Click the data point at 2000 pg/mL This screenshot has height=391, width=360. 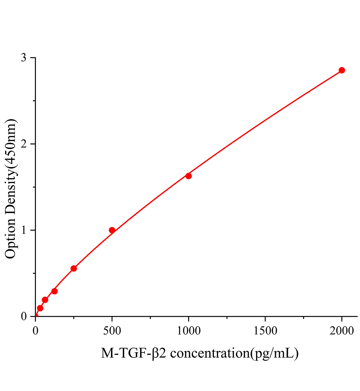[342, 70]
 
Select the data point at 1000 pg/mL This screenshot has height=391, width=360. [188, 176]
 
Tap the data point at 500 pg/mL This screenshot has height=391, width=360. [112, 230]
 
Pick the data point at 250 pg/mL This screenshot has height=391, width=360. [74, 268]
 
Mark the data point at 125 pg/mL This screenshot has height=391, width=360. [54, 291]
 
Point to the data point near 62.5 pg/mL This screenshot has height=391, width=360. [45, 300]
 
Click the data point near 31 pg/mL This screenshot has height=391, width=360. [40, 308]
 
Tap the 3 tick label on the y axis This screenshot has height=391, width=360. [24, 58]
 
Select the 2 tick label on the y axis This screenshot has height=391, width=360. [24, 144]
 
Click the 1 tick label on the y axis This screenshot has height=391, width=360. [24, 230]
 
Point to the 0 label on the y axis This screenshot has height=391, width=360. [24, 316]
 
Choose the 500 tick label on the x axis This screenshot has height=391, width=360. [112, 331]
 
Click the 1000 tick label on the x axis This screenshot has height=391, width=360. [188, 331]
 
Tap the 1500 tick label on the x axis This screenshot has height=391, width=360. [265, 331]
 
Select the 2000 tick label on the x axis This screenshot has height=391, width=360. [342, 331]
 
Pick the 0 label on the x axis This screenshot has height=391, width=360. [36, 331]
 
